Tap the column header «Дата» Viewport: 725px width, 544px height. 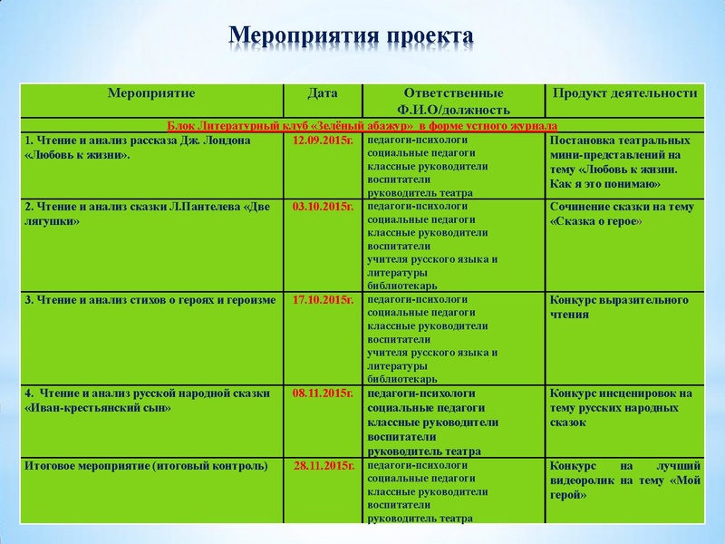[x=323, y=93]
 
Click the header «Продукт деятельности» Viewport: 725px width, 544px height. [x=624, y=93]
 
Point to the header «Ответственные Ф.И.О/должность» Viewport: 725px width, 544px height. [x=453, y=101]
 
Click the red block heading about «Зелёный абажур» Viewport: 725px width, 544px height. [x=362, y=126]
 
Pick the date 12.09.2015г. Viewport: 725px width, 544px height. [x=323, y=141]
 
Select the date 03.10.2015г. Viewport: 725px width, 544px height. [x=323, y=207]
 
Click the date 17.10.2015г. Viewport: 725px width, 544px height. [x=323, y=300]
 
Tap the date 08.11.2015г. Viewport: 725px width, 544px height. [x=323, y=393]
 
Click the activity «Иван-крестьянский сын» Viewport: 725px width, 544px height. [x=136, y=400]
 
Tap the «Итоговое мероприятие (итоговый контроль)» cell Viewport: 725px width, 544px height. [x=146, y=466]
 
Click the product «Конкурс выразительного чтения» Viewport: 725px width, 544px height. [x=619, y=306]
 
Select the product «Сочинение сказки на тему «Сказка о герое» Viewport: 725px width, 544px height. [x=622, y=213]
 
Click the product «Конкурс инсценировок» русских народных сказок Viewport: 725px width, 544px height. [x=621, y=407]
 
